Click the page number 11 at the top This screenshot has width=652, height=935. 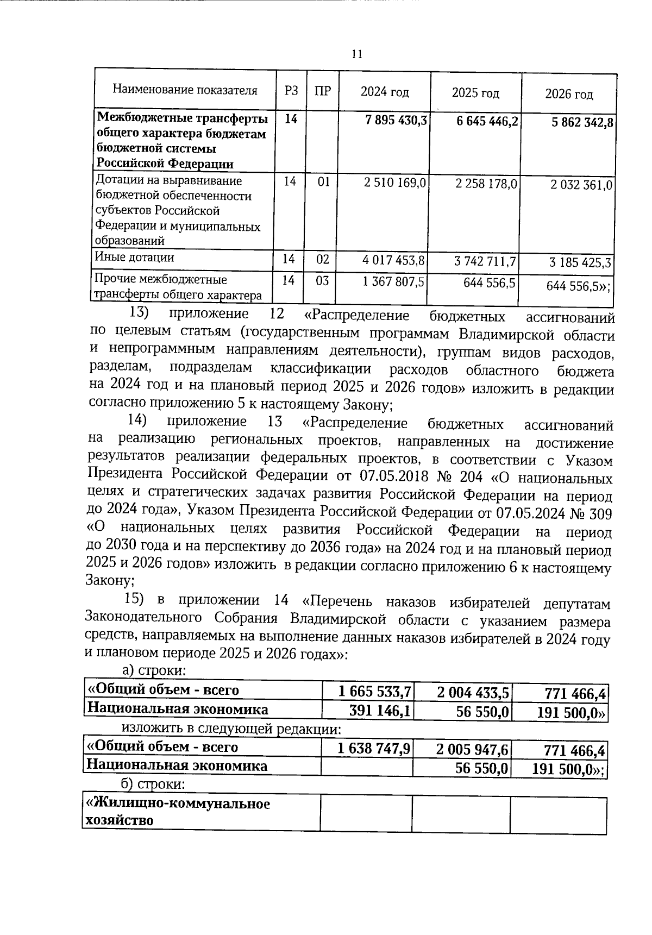356,54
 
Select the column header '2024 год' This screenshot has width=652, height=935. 385,92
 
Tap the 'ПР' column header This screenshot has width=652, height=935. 323,91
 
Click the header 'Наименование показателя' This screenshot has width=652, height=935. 185,90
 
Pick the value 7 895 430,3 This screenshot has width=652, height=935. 396,120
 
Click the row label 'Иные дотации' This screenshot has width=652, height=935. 135,258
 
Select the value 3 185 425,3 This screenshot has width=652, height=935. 580,263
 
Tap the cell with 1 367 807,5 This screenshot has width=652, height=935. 394,282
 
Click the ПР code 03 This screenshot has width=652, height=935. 322,281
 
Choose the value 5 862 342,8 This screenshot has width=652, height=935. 582,123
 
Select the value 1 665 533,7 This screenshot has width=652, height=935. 374,691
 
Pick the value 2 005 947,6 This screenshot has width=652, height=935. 472,750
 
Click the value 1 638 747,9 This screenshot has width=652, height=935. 374,749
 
